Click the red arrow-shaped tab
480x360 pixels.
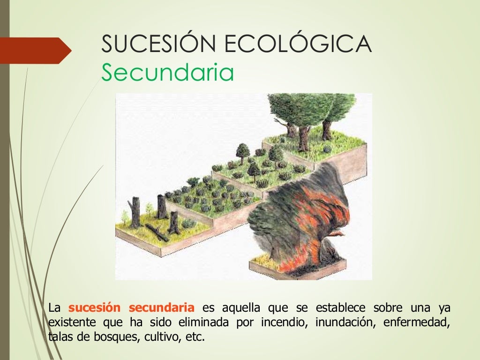pyautogui.click(x=35, y=50)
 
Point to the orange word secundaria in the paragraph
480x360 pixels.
pyautogui.click(x=161, y=308)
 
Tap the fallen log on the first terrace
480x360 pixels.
pyautogui.click(x=157, y=232)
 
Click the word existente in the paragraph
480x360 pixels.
pyautogui.click(x=69, y=322)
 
